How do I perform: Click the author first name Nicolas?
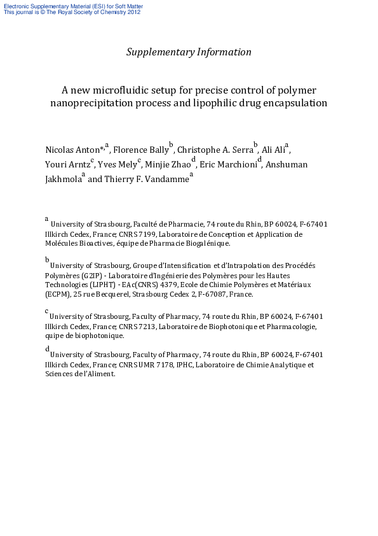click(58, 150)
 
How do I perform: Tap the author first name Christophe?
click(199, 150)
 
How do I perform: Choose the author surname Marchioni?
click(238, 165)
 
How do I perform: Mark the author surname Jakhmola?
click(63, 180)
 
